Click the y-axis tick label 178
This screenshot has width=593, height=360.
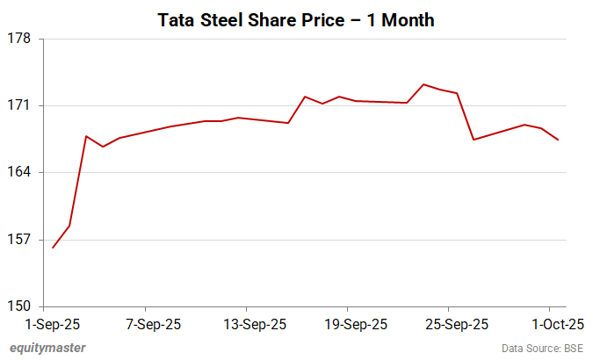[19, 39]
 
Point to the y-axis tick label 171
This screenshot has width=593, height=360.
[19, 106]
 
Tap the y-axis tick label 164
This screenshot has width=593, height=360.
[19, 173]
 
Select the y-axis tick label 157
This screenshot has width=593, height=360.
[19, 240]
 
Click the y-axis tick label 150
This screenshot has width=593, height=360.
[19, 306]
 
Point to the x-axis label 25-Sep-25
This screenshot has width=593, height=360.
[449, 324]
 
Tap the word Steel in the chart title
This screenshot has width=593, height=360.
[227, 19]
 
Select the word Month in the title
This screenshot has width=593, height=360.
[406, 19]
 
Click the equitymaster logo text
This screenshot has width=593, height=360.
[47, 348]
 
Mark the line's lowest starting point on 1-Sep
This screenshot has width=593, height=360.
[53, 248]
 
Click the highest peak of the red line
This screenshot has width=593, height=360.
[423, 84]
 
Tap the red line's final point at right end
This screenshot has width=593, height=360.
[559, 140]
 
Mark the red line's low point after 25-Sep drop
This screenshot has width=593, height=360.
[474, 140]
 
